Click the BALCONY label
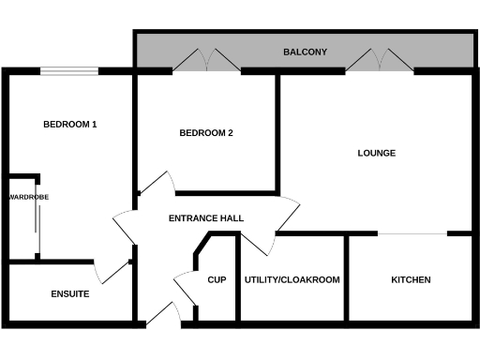click(x=305, y=52)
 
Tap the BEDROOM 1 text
click(x=70, y=125)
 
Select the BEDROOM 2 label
click(x=206, y=133)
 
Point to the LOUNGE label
click(x=377, y=153)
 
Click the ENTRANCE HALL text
click(x=206, y=218)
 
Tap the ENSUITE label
click(x=70, y=294)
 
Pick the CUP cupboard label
click(x=217, y=279)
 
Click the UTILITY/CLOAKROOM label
click(x=292, y=279)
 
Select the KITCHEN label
click(x=411, y=279)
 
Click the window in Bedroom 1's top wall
click(x=70, y=70)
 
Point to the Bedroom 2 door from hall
click(x=155, y=185)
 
